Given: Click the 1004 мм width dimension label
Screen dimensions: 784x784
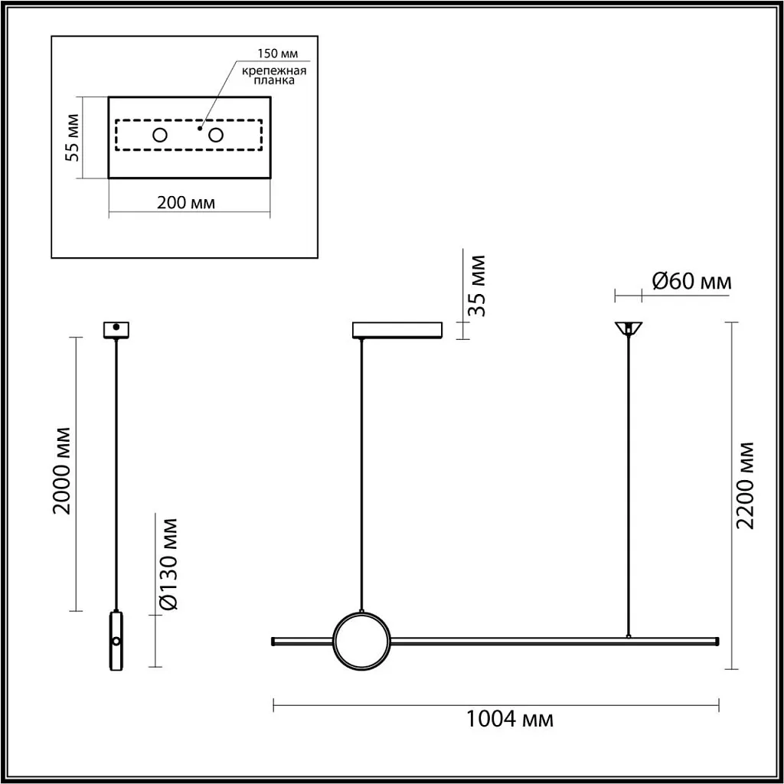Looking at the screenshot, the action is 509,720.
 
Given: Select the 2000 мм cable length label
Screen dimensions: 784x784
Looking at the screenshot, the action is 64,471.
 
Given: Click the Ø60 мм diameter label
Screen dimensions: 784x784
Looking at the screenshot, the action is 691,282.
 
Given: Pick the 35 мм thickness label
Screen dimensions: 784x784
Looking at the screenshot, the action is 477,286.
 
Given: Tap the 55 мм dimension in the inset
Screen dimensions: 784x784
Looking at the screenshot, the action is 72,138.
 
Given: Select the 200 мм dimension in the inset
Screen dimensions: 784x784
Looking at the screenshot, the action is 186,203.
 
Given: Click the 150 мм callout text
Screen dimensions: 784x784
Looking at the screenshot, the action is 277,54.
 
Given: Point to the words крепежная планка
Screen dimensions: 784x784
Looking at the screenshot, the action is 274,76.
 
